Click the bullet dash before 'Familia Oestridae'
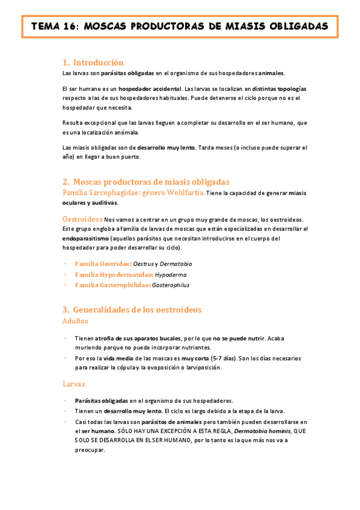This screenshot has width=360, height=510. (64, 264)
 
